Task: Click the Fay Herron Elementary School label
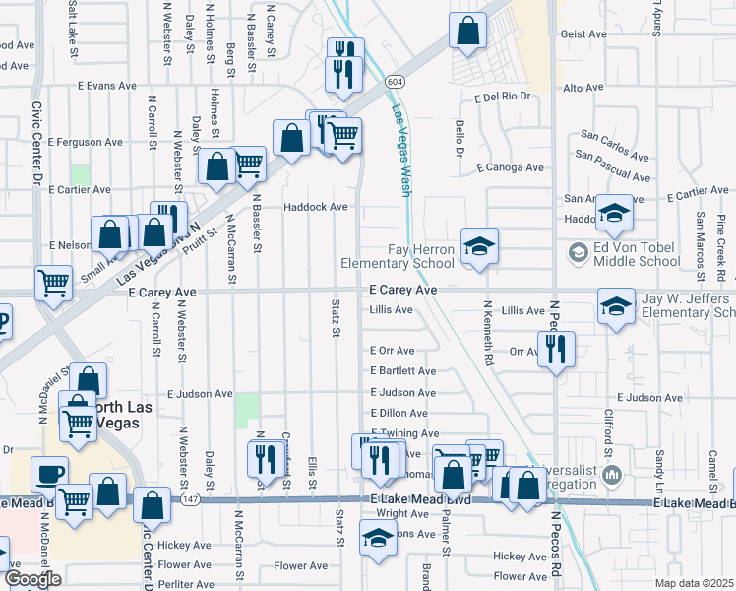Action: [x=398, y=256]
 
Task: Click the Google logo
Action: [x=33, y=579]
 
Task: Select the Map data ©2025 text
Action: [x=694, y=583]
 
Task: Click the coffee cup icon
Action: [x=48, y=474]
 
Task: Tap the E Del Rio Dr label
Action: [x=503, y=97]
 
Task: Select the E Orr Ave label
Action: [x=393, y=351]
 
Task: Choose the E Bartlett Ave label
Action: [x=402, y=371]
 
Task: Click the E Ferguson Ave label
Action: [x=85, y=142]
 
